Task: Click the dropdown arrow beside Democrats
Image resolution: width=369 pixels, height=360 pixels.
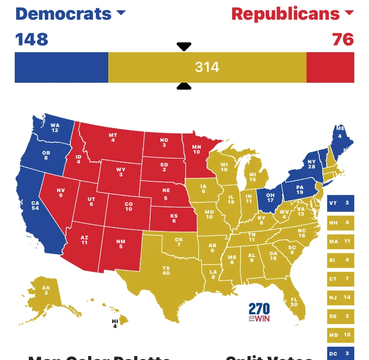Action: coord(121,13)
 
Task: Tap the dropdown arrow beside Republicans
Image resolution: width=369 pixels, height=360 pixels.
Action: coord(349,13)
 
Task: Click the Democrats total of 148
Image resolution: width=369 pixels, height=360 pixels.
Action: coord(32,39)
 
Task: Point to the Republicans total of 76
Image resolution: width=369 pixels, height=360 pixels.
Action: coord(343,39)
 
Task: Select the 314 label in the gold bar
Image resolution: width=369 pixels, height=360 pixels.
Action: coord(207,67)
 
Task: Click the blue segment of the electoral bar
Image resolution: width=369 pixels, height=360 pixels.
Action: coord(61,67)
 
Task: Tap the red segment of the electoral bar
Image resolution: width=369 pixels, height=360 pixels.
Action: coord(330,67)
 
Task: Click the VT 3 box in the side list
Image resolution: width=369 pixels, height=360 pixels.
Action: coord(340,202)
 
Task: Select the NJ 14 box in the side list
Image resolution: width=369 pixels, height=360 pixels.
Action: coord(340,297)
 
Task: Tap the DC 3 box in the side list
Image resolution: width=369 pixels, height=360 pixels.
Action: coord(340,353)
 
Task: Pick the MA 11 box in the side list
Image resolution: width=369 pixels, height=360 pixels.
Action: coord(340,241)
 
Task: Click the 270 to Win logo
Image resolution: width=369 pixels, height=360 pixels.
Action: coord(259,312)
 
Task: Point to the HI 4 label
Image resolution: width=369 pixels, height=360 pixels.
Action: coord(115,323)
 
